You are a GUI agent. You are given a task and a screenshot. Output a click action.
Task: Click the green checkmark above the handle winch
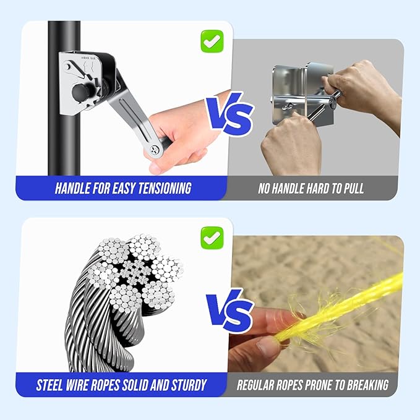(x=212, y=41)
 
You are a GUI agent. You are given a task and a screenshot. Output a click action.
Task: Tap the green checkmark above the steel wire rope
(x=212, y=238)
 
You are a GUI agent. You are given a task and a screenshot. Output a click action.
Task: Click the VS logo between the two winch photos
(x=230, y=114)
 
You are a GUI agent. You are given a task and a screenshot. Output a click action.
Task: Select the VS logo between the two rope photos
(x=230, y=311)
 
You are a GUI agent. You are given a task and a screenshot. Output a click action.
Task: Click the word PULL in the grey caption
(x=354, y=189)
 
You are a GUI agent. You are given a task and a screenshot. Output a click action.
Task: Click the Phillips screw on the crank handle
(x=155, y=150)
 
